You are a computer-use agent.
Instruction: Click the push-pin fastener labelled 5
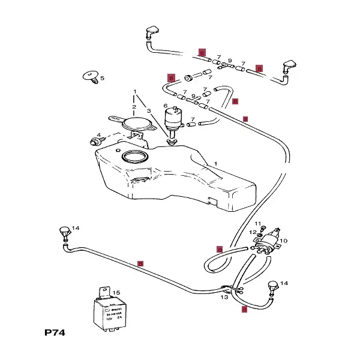92,76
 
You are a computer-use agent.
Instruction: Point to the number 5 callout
102,78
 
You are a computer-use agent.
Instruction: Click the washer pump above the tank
175,119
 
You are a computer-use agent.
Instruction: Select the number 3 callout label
148,110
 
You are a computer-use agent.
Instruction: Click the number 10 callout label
284,241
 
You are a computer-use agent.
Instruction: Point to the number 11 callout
258,223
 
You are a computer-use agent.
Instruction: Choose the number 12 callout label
253,232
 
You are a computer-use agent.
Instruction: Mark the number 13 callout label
224,297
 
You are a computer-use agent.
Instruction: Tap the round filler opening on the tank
134,158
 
